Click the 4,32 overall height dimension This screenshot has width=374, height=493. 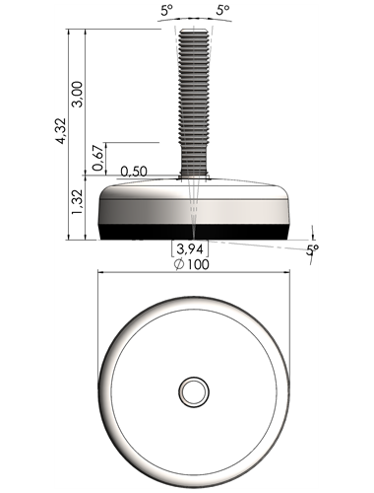(61, 130)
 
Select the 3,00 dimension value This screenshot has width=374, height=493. (78, 94)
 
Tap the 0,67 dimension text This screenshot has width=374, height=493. (98, 157)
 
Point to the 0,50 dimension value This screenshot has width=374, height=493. (134, 172)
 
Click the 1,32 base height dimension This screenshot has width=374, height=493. (78, 202)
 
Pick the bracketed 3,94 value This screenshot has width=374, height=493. (190, 249)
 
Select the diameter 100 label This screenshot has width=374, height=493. (192, 264)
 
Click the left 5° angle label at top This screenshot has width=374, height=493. (166, 11)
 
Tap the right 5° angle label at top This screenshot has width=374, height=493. (223, 11)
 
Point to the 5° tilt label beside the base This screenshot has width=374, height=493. (312, 250)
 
